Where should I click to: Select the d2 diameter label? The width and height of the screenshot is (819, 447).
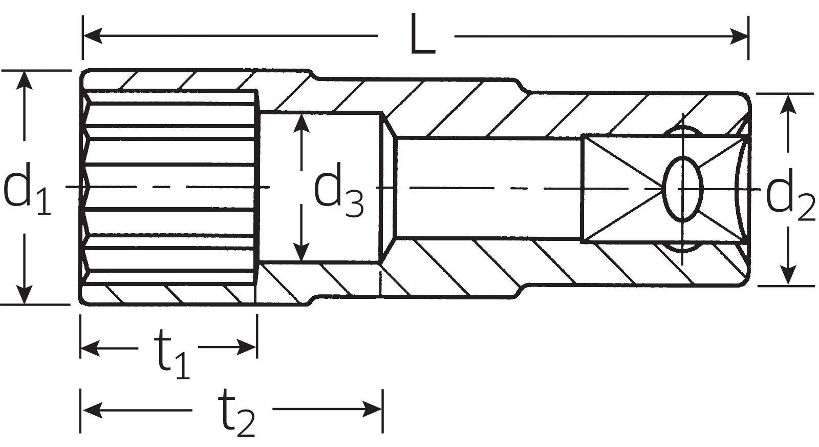point(790,196)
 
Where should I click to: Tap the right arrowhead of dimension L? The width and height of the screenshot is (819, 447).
point(739,36)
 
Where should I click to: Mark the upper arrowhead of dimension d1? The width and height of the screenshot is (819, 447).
point(24,80)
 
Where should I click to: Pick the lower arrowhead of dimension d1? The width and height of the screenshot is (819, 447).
point(24,294)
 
